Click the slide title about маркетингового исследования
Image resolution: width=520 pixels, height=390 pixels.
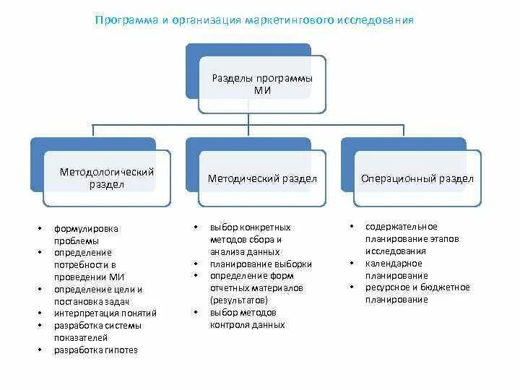(254, 20)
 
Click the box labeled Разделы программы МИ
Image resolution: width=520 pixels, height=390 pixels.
(262, 84)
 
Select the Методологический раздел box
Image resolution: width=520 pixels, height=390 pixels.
(107, 178)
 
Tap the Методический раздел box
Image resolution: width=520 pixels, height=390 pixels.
(262, 178)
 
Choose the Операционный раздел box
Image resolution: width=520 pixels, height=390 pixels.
(417, 178)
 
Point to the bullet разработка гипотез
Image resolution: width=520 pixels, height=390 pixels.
(95, 350)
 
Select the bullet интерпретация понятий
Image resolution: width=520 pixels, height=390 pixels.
(105, 313)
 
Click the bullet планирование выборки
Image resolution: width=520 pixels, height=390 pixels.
(261, 264)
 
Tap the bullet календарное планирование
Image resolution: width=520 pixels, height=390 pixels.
(396, 269)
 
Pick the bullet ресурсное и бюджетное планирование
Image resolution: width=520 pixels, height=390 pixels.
(417, 293)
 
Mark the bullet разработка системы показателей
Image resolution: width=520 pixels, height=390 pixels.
(97, 331)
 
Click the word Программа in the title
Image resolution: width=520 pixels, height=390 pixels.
(127, 20)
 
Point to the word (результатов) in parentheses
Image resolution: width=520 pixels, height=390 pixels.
(239, 299)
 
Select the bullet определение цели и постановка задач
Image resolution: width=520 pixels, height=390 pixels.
(97, 295)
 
